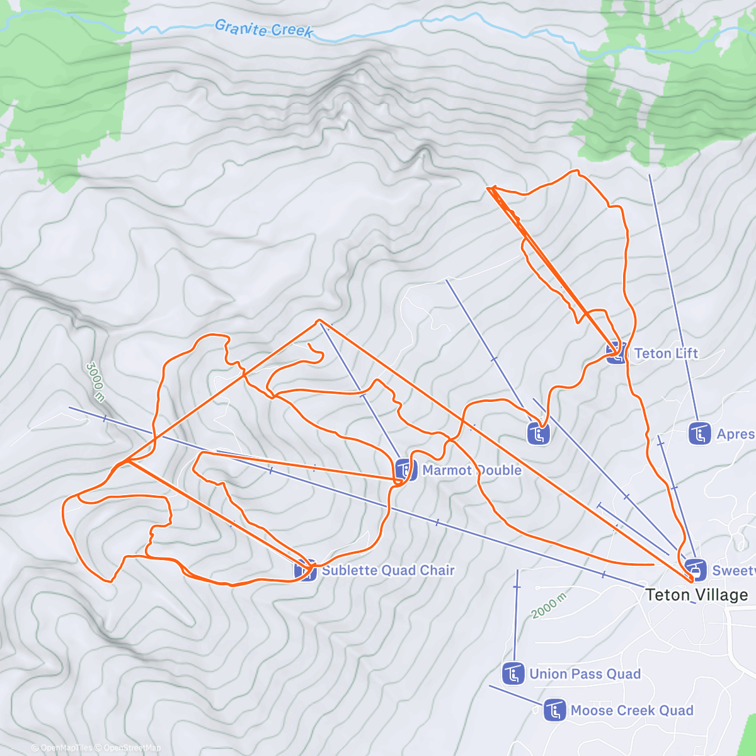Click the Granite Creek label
[263, 28]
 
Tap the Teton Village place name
[697, 595]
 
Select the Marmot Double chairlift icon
[406, 470]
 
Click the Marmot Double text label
[472, 470]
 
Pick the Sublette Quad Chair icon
[306, 570]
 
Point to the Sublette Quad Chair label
[388, 570]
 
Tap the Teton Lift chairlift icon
[617, 353]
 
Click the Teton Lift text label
[666, 353]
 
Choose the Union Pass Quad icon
[513, 673]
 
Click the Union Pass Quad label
[585, 673]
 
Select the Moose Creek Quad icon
[554, 711]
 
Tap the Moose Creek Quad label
[632, 711]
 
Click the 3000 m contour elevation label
[95, 382]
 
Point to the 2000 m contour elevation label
[548, 605]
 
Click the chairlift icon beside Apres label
[700, 433]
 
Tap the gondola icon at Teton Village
[695, 570]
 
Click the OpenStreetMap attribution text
[132, 748]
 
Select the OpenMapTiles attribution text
[66, 748]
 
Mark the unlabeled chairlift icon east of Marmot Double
[538, 433]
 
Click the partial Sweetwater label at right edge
[734, 570]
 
